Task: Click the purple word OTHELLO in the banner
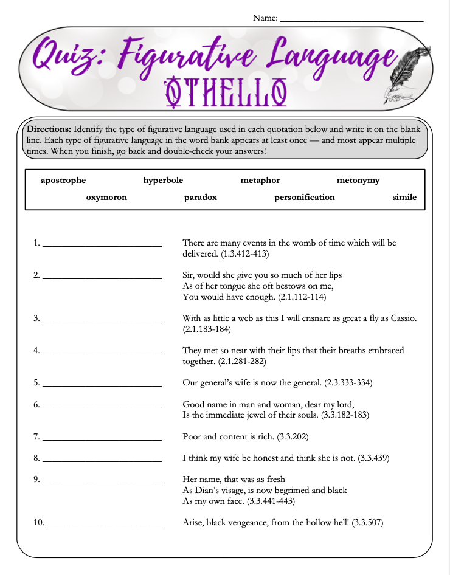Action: point(226,91)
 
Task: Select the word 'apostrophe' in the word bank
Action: point(63,181)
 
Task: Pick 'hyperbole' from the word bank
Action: point(163,181)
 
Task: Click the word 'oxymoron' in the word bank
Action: point(106,198)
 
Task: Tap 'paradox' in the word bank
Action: point(200,198)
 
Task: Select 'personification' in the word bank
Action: point(304,198)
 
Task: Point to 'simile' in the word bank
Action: point(404,198)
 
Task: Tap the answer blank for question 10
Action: point(105,525)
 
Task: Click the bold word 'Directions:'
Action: point(49,129)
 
